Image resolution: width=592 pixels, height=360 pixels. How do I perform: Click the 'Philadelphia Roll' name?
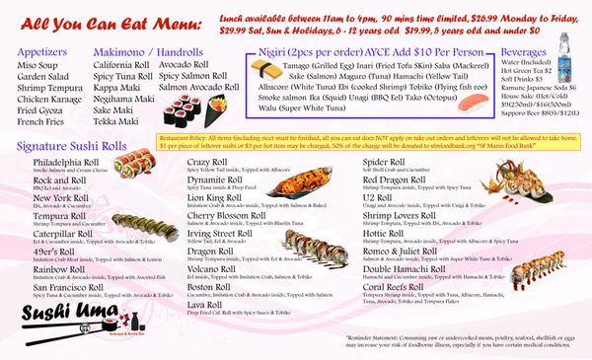tap(65, 161)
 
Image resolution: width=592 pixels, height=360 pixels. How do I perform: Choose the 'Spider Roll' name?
tap(391, 161)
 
